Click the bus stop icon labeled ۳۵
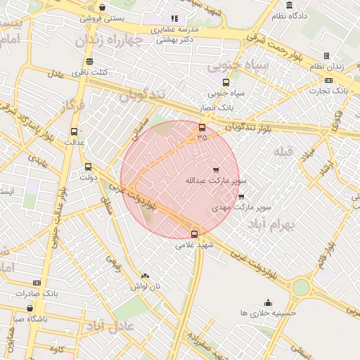coord(202,127)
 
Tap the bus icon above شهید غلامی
coord(195,234)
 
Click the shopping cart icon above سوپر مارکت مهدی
coord(241,198)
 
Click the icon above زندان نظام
coord(326,56)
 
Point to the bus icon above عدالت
coord(75,131)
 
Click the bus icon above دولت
coord(88,167)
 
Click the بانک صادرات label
coord(34,293)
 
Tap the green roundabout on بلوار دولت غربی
coord(301,287)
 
